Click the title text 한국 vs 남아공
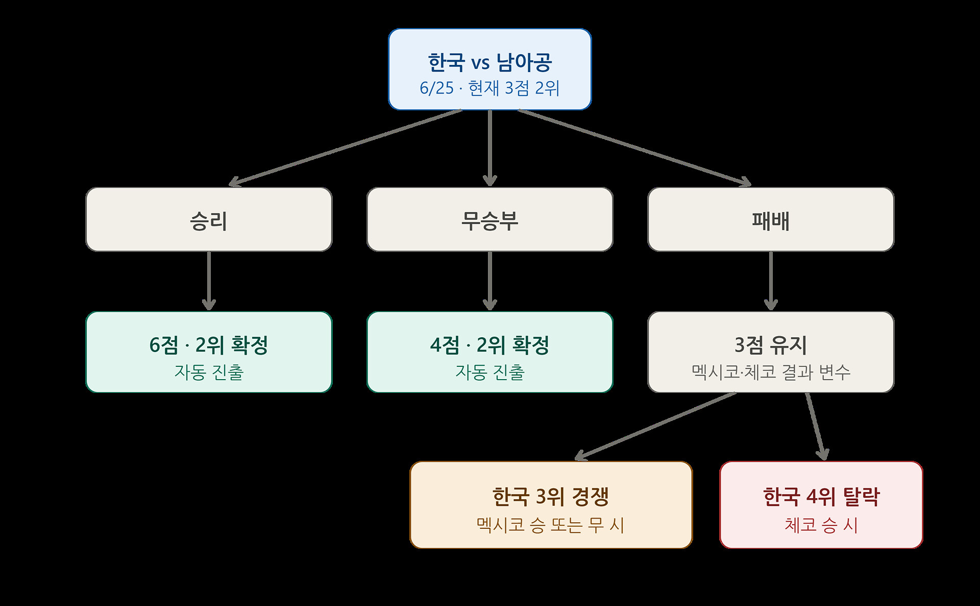point(490,62)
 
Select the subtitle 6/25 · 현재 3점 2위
point(490,88)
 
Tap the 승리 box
point(209,219)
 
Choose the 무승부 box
point(490,219)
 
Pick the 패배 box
point(771,219)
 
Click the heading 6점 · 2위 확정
point(209,345)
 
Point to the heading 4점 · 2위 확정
point(490,345)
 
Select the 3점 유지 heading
point(771,345)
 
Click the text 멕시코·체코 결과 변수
point(771,372)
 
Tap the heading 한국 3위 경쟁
point(551,496)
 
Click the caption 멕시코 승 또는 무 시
point(551,525)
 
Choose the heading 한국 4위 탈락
point(821,496)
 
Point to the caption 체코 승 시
point(821,525)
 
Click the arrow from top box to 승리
point(346,148)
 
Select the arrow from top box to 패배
point(634,148)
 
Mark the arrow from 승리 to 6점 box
point(209,281)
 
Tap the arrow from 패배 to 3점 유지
point(771,281)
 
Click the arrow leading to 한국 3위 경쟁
point(655,426)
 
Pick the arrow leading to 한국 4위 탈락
point(815,426)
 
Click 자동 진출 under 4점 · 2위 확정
point(490,372)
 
